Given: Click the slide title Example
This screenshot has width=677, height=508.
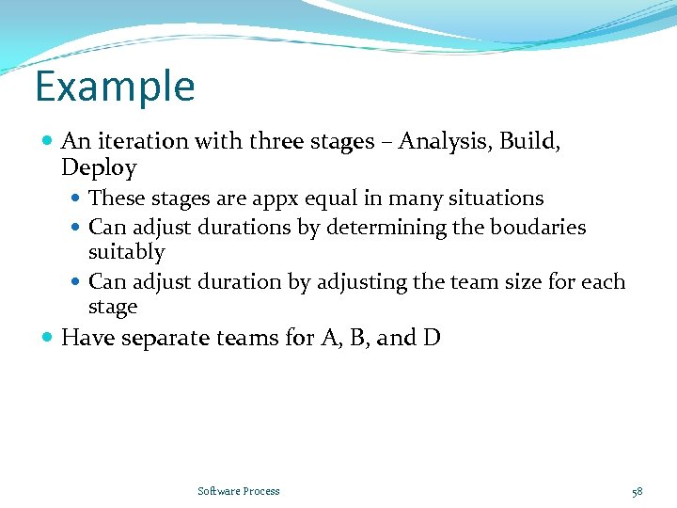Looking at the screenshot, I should tap(115, 87).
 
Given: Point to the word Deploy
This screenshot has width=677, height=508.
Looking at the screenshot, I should tap(99, 169).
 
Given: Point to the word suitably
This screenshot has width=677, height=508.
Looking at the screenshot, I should tap(126, 253).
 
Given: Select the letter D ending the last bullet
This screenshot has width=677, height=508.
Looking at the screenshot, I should tap(432, 338).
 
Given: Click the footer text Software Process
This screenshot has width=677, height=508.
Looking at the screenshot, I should tap(239, 491).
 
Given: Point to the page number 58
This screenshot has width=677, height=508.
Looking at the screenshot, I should tap(637, 491).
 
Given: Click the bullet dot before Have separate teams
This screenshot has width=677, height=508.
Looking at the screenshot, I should tap(48, 338).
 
